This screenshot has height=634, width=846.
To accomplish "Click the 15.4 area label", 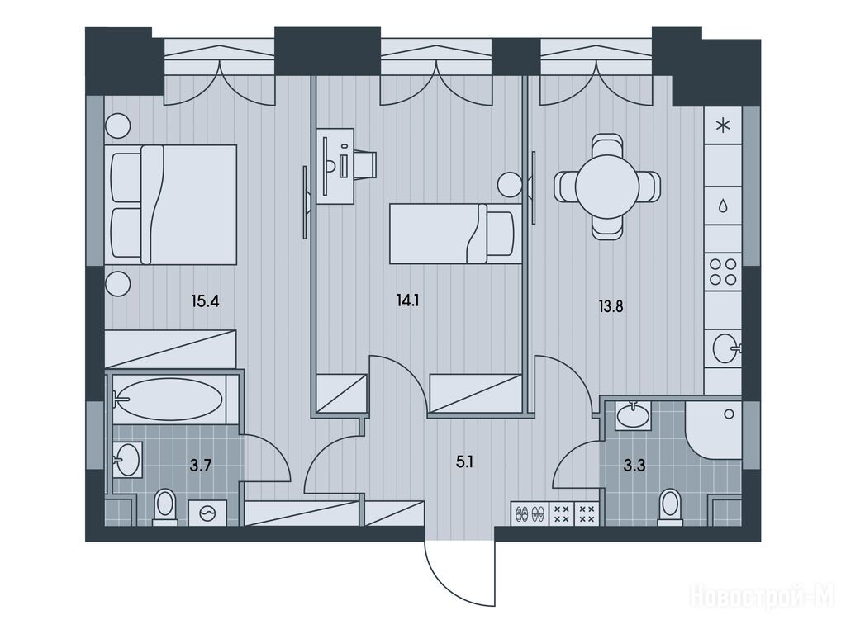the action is pos(205,300).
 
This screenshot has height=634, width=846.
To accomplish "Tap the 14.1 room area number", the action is pos(407,300).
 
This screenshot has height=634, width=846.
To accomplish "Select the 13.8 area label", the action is pos(611,307).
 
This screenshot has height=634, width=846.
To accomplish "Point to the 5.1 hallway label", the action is pos(464,462).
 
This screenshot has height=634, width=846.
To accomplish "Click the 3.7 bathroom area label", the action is pos(200,465).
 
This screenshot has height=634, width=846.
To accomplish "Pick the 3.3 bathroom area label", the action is pos(634,466).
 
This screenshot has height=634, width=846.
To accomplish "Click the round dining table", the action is pos(607,187).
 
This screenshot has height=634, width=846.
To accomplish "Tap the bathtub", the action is pos(169,399).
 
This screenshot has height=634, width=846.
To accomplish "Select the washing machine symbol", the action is pos(207,513).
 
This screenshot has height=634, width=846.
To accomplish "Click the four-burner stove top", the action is pos(723,272).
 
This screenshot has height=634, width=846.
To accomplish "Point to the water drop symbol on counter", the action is pos(722,206).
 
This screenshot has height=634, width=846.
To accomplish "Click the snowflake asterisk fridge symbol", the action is pos(722,126).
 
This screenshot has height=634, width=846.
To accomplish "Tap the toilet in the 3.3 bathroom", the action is pos(670,507).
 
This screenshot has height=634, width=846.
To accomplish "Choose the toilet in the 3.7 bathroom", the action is pos(165,507).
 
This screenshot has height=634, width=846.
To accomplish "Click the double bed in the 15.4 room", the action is pos(173,205).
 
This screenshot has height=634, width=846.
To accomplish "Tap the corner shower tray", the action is pos(713,429).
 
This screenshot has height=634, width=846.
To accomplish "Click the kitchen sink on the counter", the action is pos(725,348).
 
